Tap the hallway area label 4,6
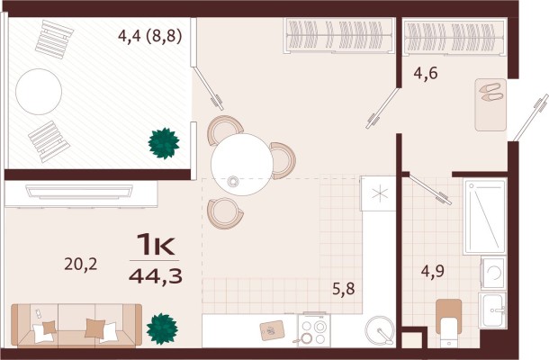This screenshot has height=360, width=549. pyautogui.click(x=426, y=74)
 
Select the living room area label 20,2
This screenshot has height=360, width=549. pyautogui.click(x=80, y=264)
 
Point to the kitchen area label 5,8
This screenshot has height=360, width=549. pyautogui.click(x=344, y=289)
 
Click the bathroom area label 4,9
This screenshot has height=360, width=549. pyautogui.click(x=432, y=271)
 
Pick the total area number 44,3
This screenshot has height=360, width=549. pyautogui.click(x=156, y=276)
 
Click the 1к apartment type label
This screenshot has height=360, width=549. pyautogui.click(x=156, y=245)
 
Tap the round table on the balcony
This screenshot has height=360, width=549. pyautogui.click(x=39, y=92)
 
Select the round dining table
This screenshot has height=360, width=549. pyautogui.click(x=242, y=165)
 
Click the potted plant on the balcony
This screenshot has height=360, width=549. pyautogui.click(x=164, y=144)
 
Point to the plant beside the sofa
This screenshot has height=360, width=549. pyautogui.click(x=162, y=328)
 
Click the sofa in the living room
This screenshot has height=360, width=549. pyautogui.click(x=76, y=326)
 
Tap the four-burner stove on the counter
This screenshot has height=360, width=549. pyautogui.click(x=314, y=330)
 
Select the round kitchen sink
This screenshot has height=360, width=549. pyautogui.click(x=380, y=330)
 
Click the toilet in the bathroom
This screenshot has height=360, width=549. pyautogui.click(x=448, y=321)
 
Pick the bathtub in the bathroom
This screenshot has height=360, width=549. pyautogui.click(x=485, y=216)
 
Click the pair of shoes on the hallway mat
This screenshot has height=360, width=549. pyautogui.click(x=490, y=92)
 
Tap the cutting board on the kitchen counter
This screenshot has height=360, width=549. pyautogui.click(x=272, y=330)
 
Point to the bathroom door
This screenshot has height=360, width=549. pyautogui.click(x=430, y=189)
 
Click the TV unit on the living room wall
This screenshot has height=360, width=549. pyautogui.click(x=79, y=192)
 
